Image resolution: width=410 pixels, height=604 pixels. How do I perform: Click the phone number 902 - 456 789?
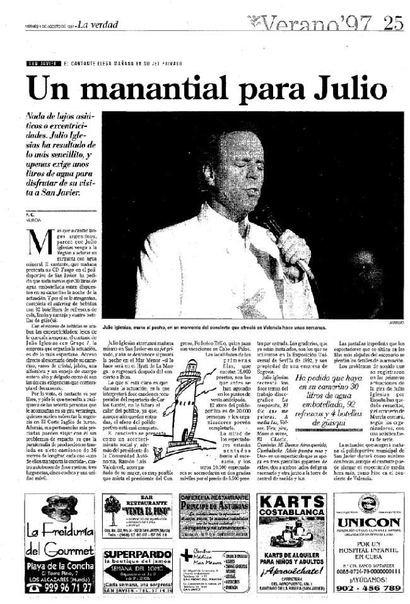368,588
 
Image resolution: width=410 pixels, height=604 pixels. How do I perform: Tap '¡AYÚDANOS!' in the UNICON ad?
368,576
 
